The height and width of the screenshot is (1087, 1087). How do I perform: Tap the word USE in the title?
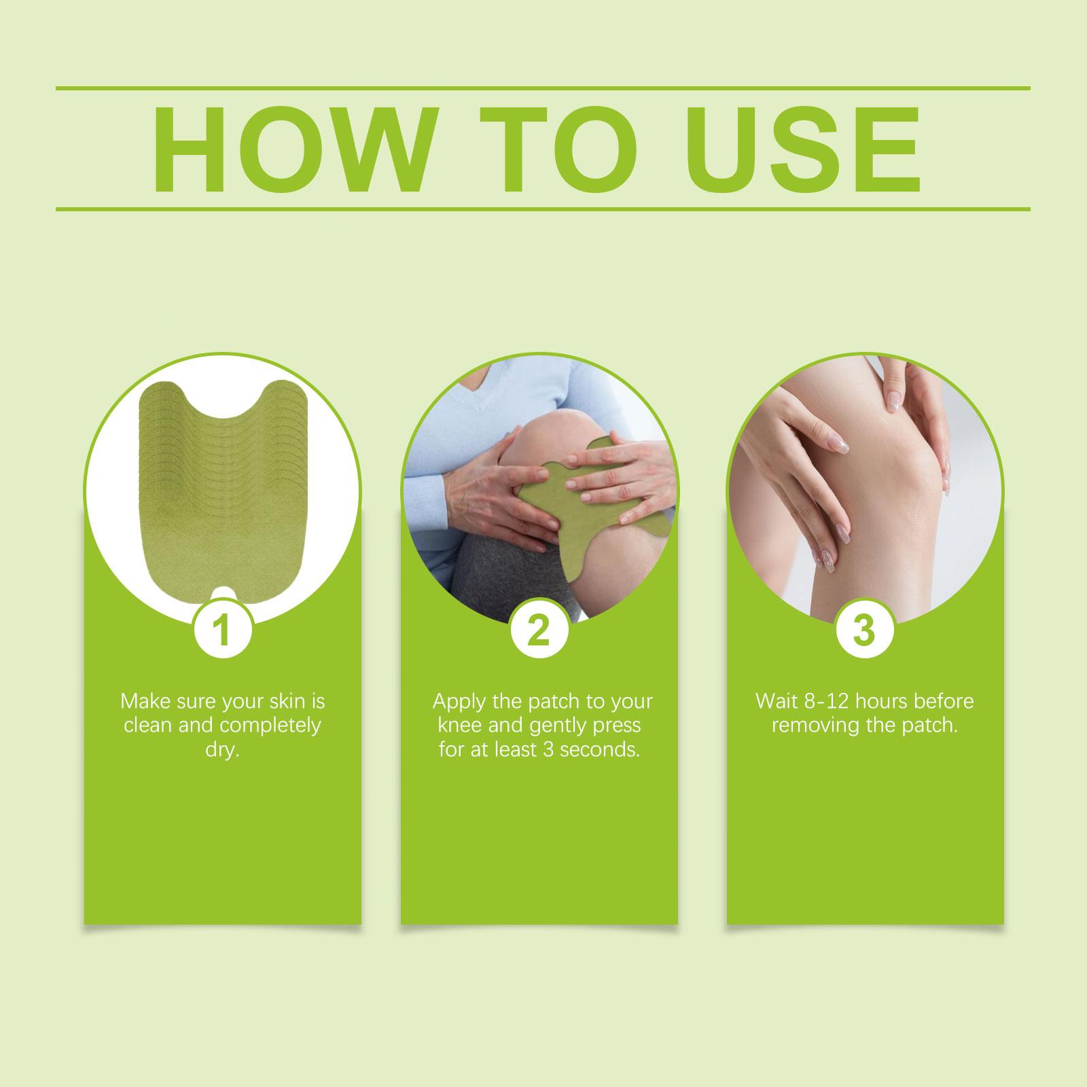pyautogui.click(x=800, y=149)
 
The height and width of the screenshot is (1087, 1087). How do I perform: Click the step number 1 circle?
pyautogui.click(x=223, y=630)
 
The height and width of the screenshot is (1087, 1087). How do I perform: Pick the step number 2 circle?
pyautogui.click(x=539, y=630)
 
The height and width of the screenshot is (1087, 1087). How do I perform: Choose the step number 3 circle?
pyautogui.click(x=865, y=630)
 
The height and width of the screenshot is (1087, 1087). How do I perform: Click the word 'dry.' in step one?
pyautogui.click(x=223, y=752)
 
